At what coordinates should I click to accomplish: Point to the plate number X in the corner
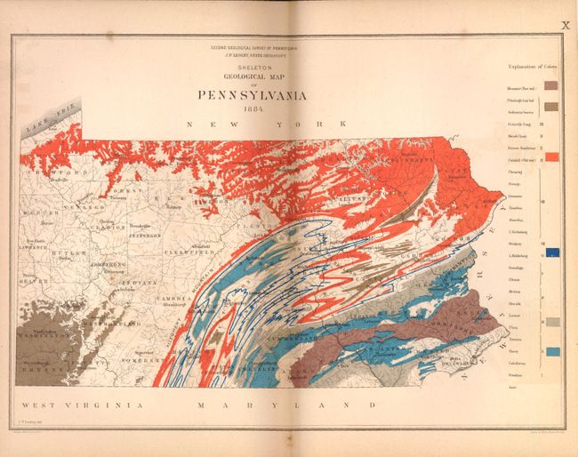point(564,26)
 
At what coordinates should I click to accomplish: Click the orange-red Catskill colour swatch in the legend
point(551,156)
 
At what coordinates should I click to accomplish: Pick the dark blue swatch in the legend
point(551,253)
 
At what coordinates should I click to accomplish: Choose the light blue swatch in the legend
point(551,353)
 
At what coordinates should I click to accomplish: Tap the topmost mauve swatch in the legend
point(551,85)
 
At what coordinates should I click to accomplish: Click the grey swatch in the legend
point(551,322)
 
